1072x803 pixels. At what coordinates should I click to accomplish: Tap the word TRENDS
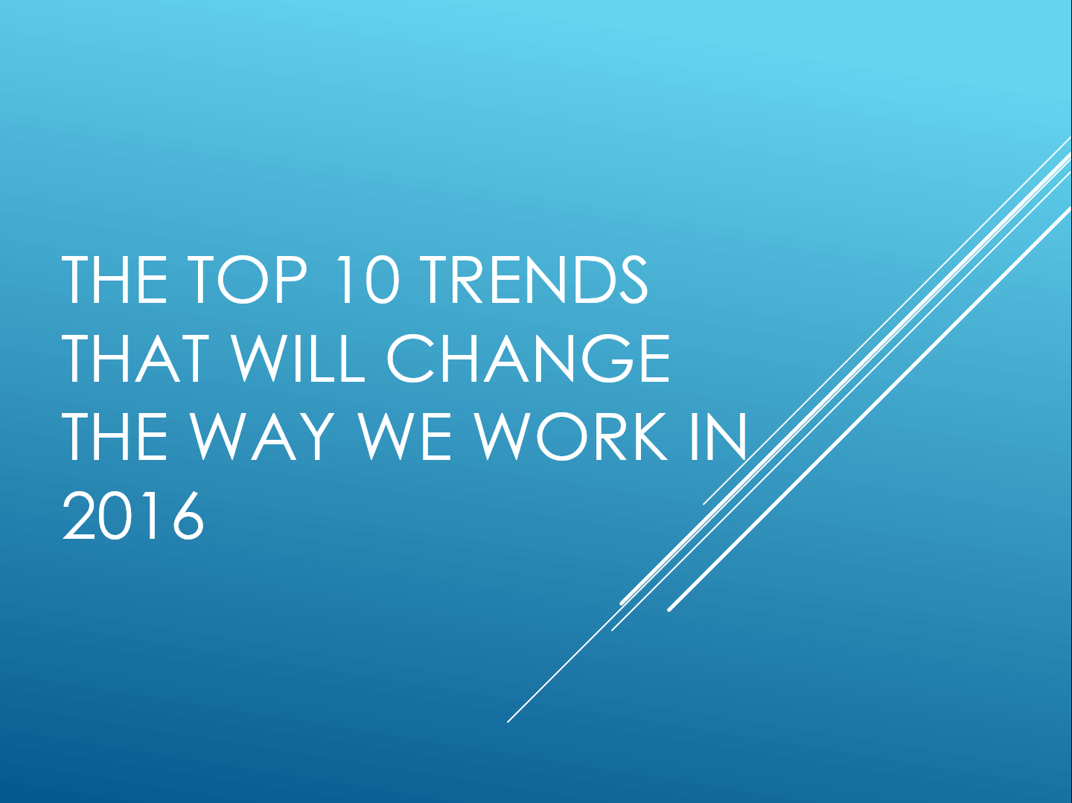(534, 281)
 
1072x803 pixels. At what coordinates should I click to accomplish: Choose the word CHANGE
(529, 359)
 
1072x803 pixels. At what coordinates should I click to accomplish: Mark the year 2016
(133, 516)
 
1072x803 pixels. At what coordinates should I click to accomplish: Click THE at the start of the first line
(115, 281)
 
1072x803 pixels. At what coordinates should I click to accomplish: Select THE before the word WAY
(115, 436)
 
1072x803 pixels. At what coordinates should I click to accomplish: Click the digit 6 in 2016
(188, 516)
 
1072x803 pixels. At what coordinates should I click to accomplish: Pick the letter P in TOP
(291, 281)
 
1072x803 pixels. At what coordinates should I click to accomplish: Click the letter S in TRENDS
(634, 281)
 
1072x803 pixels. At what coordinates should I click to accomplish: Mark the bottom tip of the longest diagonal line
(508, 721)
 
